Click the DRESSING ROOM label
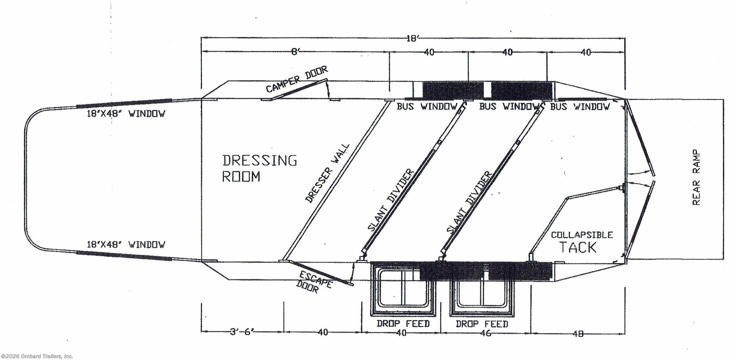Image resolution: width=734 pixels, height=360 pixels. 259,168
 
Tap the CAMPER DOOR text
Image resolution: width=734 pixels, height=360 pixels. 297,79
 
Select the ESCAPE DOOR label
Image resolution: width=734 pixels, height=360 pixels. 314,282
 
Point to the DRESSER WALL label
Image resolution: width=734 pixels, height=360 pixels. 327,173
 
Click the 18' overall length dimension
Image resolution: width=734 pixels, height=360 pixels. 413,38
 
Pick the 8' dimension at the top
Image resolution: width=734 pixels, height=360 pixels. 295,52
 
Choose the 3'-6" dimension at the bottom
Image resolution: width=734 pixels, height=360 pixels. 242,332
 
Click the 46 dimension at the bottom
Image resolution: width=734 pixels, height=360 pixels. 485,333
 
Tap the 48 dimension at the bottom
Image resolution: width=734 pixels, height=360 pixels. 578,333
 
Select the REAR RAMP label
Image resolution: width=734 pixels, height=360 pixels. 696,177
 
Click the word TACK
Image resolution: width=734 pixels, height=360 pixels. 578,248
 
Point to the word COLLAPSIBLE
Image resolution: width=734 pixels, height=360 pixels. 582,235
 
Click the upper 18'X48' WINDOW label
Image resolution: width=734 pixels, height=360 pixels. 126,114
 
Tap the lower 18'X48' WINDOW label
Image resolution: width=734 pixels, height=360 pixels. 126,245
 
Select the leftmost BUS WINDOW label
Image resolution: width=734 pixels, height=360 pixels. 427,106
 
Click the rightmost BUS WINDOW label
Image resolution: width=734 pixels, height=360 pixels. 580,106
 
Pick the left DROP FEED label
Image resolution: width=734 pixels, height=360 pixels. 403,324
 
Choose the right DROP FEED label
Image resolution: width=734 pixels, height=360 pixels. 482,324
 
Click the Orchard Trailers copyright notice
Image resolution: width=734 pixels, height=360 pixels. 37,356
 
